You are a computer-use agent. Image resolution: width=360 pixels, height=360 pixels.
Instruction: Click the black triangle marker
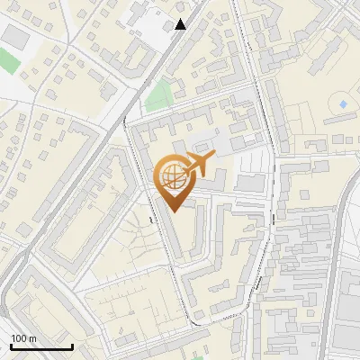181,23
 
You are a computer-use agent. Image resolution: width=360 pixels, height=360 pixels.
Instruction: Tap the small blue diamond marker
343,104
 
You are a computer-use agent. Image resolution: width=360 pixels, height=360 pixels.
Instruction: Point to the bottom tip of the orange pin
171,211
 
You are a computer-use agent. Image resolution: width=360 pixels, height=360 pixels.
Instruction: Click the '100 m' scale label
23,338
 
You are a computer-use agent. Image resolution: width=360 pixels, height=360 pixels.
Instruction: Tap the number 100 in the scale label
19,338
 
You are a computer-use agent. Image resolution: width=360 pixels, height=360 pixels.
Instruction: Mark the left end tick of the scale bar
10,346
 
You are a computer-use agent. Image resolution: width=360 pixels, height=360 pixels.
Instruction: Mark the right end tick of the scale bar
72,346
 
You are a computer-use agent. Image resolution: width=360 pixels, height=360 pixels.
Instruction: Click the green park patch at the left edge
8,61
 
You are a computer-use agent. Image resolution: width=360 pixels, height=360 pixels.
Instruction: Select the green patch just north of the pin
158,94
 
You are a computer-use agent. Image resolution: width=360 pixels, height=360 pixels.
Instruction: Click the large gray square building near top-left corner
15,36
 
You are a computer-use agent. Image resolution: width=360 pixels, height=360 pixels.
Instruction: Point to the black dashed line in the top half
256,72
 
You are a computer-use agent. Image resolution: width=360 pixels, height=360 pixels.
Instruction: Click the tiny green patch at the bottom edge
197,356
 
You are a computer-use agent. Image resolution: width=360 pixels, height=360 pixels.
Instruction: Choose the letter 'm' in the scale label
32,338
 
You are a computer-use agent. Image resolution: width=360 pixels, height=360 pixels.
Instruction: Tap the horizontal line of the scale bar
40,346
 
